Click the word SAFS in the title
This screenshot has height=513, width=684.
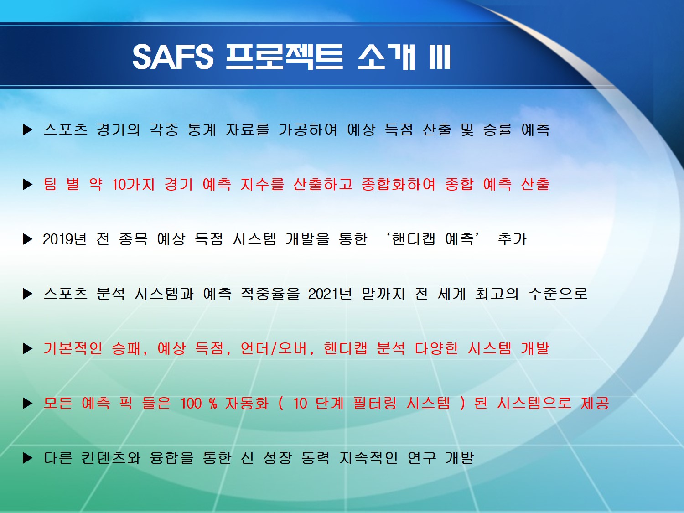tap(173, 57)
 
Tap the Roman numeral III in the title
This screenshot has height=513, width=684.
tap(440, 57)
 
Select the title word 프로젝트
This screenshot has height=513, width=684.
tap(284, 57)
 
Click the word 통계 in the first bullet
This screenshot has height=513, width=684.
tap(202, 130)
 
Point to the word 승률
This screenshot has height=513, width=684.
tap(497, 130)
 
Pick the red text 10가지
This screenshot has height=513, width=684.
tap(133, 184)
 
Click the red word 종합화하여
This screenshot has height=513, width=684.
tap(398, 184)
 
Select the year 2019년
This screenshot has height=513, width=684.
tap(64, 239)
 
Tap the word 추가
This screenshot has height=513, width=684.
tap(512, 239)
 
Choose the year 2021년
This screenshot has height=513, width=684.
tap(330, 294)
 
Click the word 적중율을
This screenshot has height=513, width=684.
tap(270, 294)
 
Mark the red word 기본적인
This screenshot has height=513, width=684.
tap(73, 348)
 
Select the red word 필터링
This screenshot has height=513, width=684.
tap(375, 404)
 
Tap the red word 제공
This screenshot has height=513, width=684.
tap(595, 404)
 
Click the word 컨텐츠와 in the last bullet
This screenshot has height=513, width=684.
tap(111, 458)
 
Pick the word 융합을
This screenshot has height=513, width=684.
tap(172, 458)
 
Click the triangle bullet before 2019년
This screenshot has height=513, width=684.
tap(28, 239)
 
